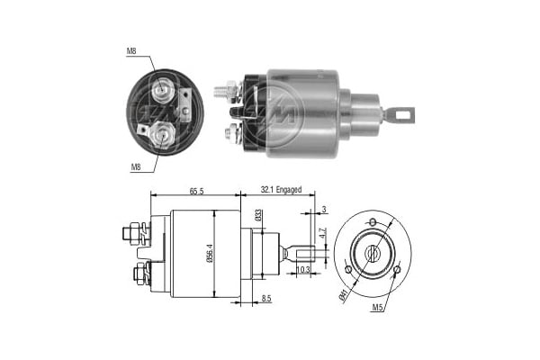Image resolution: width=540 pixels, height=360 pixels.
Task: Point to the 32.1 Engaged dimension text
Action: point(282,191)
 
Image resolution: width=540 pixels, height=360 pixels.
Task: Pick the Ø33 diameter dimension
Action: point(258,216)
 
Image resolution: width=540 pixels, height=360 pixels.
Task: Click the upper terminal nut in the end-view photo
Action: point(163,88)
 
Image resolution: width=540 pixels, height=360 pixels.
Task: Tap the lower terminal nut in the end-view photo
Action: point(163,135)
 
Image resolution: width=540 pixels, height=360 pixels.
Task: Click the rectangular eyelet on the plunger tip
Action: point(402,114)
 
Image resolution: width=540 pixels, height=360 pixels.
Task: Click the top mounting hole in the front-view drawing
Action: point(372,222)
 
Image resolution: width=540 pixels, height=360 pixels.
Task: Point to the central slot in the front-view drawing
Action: point(372,253)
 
